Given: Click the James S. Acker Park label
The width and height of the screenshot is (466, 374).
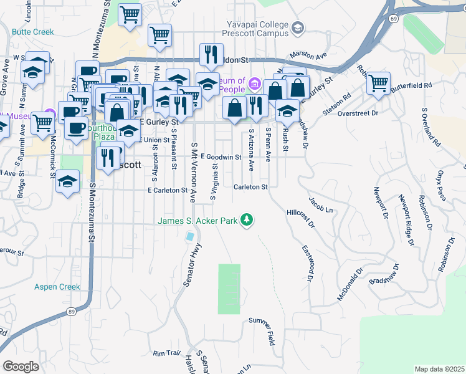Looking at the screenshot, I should [x=198, y=221].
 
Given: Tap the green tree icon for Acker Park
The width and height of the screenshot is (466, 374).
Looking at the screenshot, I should [x=247, y=219].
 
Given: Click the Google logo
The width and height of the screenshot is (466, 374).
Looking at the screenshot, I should [x=21, y=367].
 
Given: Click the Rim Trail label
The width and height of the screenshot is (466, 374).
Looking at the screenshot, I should [x=166, y=353].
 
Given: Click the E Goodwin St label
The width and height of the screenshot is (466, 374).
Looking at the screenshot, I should [x=221, y=158].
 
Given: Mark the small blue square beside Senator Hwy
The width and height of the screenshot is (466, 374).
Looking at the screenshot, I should [x=189, y=236].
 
